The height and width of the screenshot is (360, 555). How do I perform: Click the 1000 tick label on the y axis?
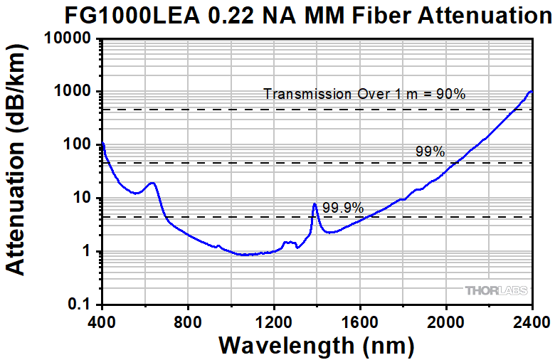(x=73, y=92)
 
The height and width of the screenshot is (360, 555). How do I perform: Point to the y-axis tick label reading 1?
(x=90, y=251)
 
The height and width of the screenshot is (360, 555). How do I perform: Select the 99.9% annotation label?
(x=343, y=208)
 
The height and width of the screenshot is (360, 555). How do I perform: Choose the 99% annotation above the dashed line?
(x=430, y=152)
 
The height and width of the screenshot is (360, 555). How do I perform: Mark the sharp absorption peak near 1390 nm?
(x=314, y=204)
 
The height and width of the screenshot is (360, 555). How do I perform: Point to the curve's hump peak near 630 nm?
(x=152, y=183)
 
